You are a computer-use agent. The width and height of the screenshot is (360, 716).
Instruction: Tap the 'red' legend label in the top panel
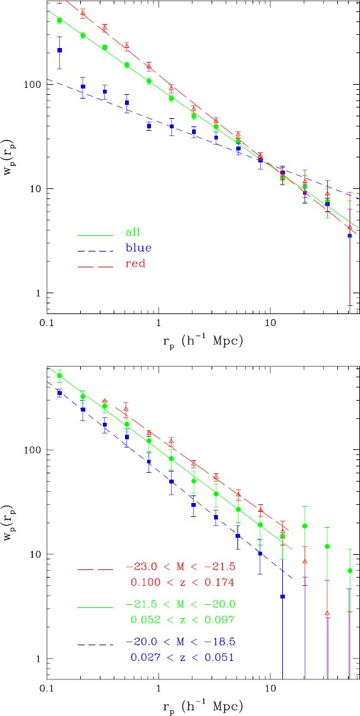click(x=135, y=265)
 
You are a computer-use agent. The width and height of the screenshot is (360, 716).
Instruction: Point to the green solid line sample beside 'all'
click(x=95, y=234)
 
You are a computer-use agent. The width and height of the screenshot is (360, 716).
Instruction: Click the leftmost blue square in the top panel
click(x=60, y=51)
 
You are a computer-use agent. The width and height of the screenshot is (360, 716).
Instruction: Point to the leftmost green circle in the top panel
click(x=60, y=21)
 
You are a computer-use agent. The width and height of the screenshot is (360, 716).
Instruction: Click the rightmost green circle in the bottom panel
click(x=349, y=571)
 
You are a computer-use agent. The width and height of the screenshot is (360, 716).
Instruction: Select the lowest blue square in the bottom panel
click(x=283, y=597)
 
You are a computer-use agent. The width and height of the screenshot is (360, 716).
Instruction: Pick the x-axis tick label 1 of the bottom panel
click(x=158, y=690)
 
